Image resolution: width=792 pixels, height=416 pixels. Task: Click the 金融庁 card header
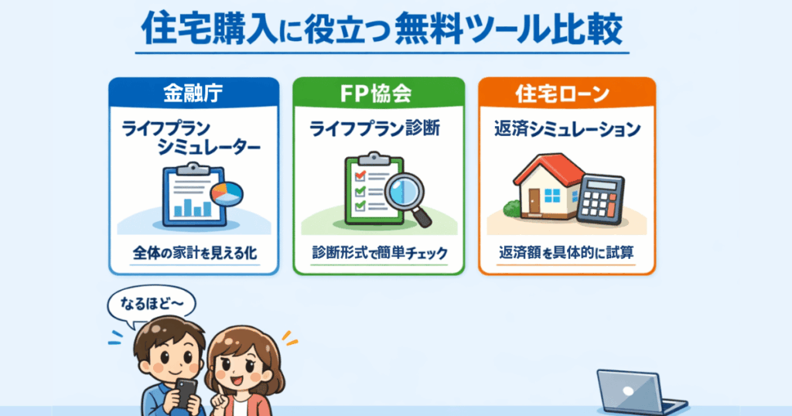[x=193, y=94]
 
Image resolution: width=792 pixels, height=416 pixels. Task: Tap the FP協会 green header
[x=378, y=94]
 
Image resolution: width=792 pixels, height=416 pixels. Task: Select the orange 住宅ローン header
[x=567, y=94]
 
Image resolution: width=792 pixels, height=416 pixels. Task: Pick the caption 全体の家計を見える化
[x=193, y=254]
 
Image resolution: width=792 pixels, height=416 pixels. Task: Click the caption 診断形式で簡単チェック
[x=378, y=254]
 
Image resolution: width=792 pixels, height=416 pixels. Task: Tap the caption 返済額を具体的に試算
[x=567, y=254]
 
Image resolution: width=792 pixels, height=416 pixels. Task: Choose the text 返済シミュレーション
[x=567, y=130]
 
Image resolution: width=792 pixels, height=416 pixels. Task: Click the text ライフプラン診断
[x=375, y=130]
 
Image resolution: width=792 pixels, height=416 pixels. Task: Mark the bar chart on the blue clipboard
[x=193, y=206]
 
